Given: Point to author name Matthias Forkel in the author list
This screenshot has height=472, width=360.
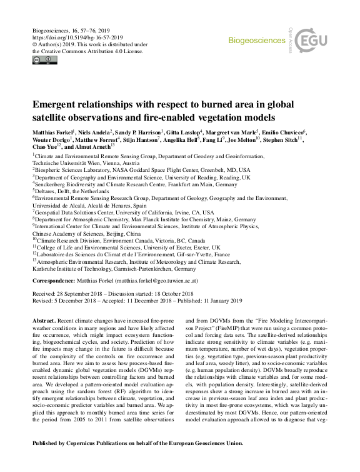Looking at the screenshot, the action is click(x=52, y=133).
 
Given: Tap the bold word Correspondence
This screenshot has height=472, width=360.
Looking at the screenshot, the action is click(x=52, y=281).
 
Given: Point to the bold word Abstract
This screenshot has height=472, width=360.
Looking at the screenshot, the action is click(x=44, y=320).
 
